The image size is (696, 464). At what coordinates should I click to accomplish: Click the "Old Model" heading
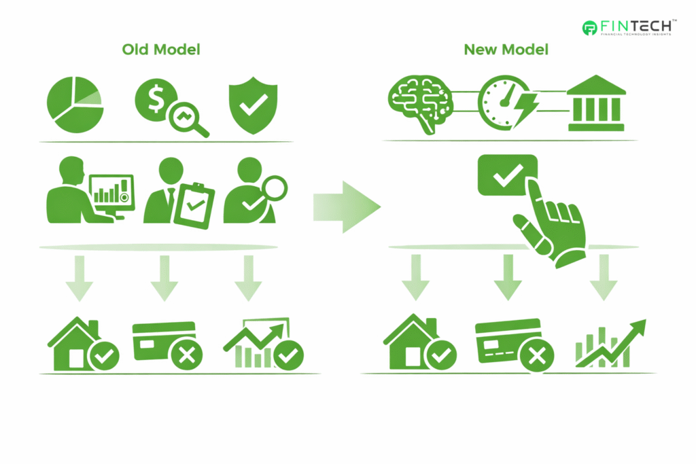pyautogui.click(x=161, y=50)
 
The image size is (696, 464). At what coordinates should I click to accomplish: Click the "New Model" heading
pyautogui.click(x=506, y=50)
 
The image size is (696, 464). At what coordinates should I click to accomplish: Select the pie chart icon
pyautogui.click(x=74, y=105)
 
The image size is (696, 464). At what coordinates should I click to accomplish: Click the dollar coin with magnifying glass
pyautogui.click(x=171, y=107)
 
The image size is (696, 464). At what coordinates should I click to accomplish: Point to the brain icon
pyautogui.click(x=419, y=103)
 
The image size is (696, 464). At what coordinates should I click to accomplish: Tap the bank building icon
pyautogui.click(x=595, y=104)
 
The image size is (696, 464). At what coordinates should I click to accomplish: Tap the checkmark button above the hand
pyautogui.click(x=507, y=176)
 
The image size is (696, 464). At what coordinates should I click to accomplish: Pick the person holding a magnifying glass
pyautogui.click(x=253, y=192)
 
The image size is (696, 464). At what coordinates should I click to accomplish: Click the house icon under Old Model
pyautogui.click(x=75, y=345)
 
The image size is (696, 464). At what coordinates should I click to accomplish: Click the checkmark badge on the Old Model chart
pyautogui.click(x=289, y=354)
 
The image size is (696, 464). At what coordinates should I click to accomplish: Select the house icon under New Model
pyautogui.click(x=411, y=344)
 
